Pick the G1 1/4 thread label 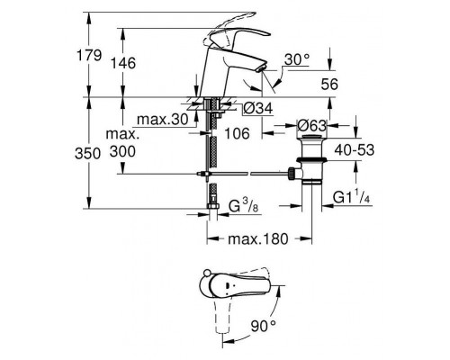(354, 196)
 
